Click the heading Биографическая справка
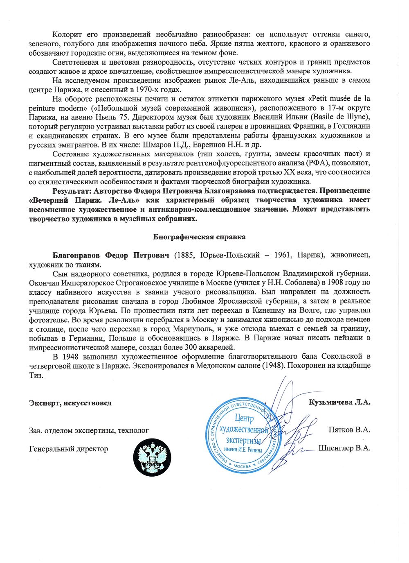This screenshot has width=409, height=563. (x=199, y=237)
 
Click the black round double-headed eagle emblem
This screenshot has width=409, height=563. (x=152, y=457)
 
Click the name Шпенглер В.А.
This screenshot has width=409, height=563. (x=344, y=448)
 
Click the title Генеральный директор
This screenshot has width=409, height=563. (x=69, y=449)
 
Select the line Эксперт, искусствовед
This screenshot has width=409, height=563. (x=70, y=403)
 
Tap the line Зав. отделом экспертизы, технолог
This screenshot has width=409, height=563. (x=89, y=430)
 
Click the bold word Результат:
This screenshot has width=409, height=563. (x=72, y=191)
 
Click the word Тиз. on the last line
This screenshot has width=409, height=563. (x=36, y=375)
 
